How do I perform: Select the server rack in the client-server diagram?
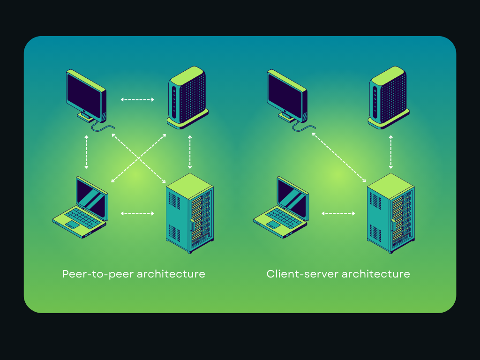(x=390, y=213)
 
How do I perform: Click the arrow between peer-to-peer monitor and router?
(x=137, y=99)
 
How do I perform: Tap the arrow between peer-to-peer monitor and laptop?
(x=86, y=152)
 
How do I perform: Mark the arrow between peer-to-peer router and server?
(x=190, y=152)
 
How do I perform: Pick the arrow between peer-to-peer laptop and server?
(x=137, y=213)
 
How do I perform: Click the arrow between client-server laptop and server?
(x=338, y=213)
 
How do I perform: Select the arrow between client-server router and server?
(x=390, y=152)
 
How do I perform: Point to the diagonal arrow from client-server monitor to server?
(x=339, y=157)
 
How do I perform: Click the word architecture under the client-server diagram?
(x=375, y=274)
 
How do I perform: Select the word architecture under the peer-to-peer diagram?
(x=171, y=274)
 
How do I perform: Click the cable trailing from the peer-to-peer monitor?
(x=104, y=127)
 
